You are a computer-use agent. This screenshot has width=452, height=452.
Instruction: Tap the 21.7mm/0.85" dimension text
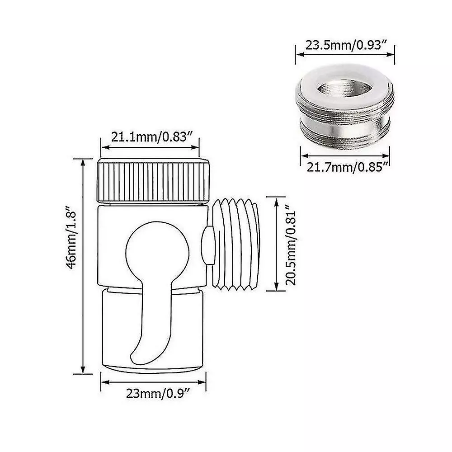[348, 167]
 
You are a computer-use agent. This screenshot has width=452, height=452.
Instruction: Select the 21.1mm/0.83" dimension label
[151, 137]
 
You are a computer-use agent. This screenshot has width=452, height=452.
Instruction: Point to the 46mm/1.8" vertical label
[71, 237]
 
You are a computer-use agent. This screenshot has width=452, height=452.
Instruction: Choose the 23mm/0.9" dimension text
[158, 394]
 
